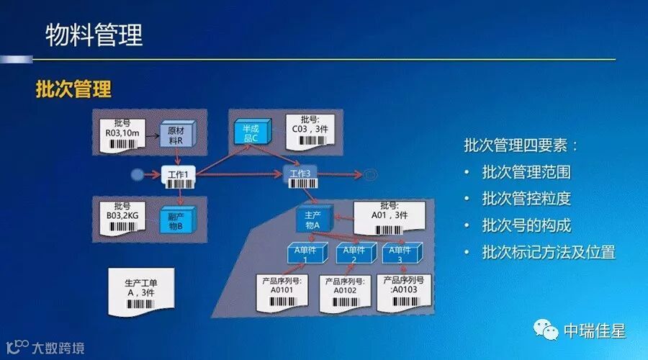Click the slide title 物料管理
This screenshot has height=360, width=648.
[94, 35]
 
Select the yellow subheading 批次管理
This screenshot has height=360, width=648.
[74, 90]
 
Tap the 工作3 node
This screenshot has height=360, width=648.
[300, 175]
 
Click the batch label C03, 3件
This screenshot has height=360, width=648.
[310, 130]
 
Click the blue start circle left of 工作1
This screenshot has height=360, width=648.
[138, 175]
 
